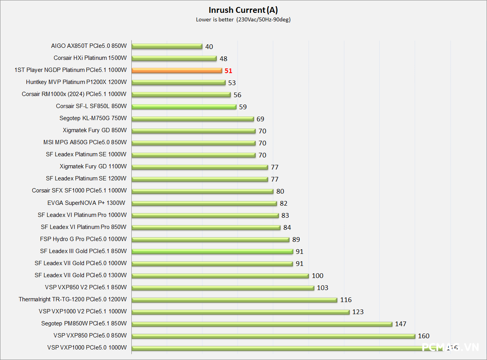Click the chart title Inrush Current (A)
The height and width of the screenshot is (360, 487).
pos(243,10)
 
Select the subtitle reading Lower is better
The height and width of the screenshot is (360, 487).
pos(215,20)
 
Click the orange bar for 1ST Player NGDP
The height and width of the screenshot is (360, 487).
pos(177,70)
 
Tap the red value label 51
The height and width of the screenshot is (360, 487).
pos(228,71)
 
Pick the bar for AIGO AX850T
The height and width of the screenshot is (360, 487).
pos(167,46)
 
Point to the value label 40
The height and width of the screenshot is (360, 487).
pos(209,47)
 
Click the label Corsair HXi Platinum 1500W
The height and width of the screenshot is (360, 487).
pos(90,58)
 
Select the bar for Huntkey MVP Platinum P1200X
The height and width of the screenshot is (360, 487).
pos(179,82)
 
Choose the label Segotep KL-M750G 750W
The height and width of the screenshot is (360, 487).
pos(93,119)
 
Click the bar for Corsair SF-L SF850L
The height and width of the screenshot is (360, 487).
pos(184,107)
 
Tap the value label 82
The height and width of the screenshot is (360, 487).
pos(284,203)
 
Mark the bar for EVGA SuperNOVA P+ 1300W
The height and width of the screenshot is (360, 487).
pos(204,203)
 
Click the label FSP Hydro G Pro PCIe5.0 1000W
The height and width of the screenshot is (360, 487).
pos(83,239)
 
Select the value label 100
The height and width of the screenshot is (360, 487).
pos(318,276)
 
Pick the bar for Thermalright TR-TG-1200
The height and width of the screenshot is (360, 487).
pos(234,300)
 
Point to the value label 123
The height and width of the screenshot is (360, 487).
pos(358,312)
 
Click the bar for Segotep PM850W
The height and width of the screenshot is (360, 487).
pos(262,324)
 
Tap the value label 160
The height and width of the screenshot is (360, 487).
pos(424,336)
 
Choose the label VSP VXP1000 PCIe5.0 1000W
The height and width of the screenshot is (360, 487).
pos(87,348)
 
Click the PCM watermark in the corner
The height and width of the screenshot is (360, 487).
pos(451,347)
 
